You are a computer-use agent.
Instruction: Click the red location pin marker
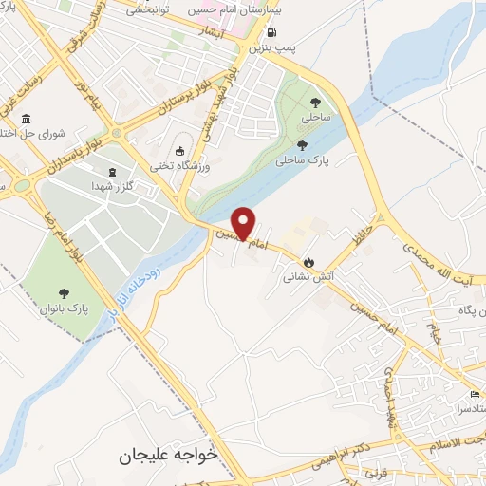pos(244,222)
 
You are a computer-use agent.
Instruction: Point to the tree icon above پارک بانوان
pos(65,294)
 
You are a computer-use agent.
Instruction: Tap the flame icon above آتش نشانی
pos(308,263)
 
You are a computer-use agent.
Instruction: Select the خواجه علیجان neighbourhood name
pos(168,455)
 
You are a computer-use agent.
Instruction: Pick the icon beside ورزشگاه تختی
pos(180,150)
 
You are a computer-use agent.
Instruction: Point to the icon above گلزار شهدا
pos(114,171)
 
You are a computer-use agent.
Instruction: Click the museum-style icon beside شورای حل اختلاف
pos(25,120)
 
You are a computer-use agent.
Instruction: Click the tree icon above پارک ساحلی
pos(302,145)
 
